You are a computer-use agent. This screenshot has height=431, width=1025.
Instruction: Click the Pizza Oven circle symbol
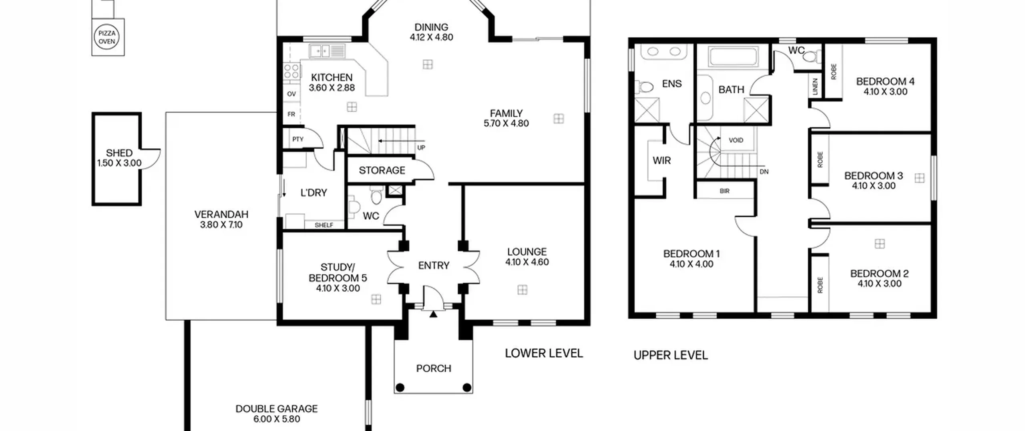[107, 37]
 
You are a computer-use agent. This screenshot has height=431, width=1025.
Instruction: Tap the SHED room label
[119, 153]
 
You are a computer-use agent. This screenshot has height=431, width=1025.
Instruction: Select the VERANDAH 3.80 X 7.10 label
[221, 219]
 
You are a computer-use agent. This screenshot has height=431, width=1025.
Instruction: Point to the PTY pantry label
[298, 139]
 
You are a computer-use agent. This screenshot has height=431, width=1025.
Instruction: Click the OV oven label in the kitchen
[291, 94]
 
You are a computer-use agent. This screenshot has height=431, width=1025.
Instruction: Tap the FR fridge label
[291, 114]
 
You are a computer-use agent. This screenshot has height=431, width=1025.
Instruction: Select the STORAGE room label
[382, 170]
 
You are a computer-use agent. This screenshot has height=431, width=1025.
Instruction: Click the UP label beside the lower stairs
[421, 148]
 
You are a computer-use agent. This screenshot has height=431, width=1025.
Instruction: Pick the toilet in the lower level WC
[376, 195]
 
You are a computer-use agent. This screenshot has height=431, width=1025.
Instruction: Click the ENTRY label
[434, 265]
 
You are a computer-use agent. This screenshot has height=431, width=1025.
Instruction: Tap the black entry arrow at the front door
[433, 314]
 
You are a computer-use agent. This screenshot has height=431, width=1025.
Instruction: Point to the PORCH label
[434, 368]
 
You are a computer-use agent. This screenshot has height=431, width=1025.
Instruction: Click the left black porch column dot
[400, 387]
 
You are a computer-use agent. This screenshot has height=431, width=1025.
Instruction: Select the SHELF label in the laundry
[324, 225]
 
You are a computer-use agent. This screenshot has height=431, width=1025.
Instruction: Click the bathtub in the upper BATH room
[733, 57]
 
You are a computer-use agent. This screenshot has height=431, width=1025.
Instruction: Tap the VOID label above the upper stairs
[736, 140]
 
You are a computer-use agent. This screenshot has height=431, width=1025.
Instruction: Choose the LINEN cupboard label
[815, 87]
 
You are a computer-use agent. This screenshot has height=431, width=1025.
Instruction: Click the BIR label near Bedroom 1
[725, 191]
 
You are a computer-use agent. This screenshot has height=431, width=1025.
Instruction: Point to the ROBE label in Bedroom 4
[834, 71]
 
